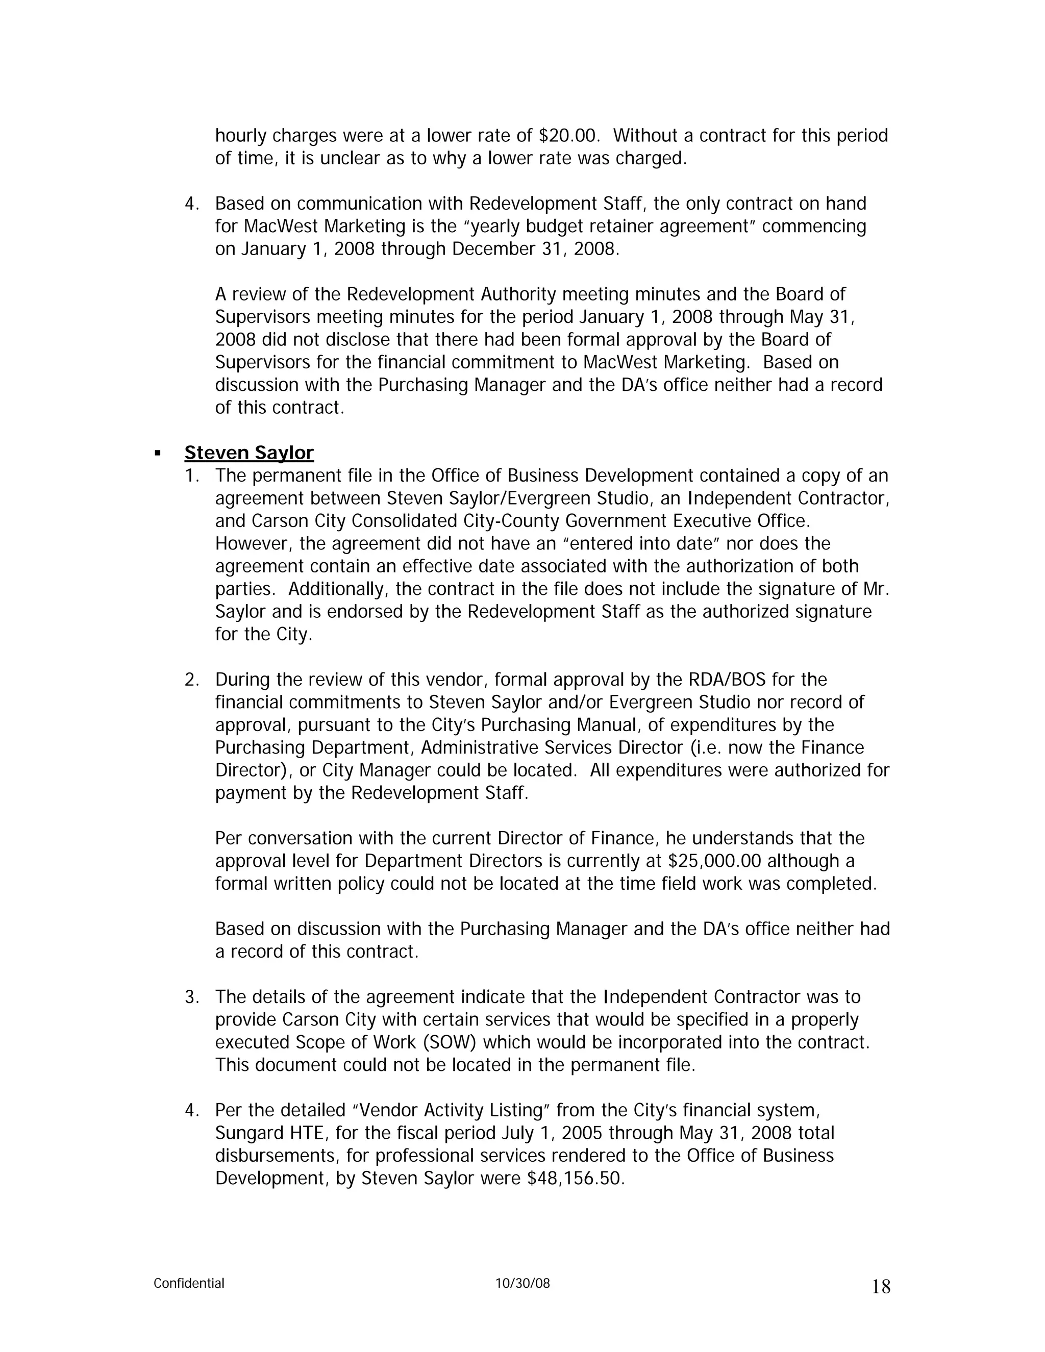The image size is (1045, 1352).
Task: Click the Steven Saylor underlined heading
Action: tap(249, 453)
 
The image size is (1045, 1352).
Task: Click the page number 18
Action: tap(880, 1287)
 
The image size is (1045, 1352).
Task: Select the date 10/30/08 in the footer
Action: tap(522, 1283)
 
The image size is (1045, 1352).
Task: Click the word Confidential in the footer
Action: tap(189, 1283)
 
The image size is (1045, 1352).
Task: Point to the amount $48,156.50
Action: tap(575, 1178)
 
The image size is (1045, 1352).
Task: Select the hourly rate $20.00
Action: tap(569, 136)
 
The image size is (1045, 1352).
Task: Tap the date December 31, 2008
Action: tap(534, 249)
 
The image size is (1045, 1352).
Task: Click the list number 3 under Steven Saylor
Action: tap(191, 997)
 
